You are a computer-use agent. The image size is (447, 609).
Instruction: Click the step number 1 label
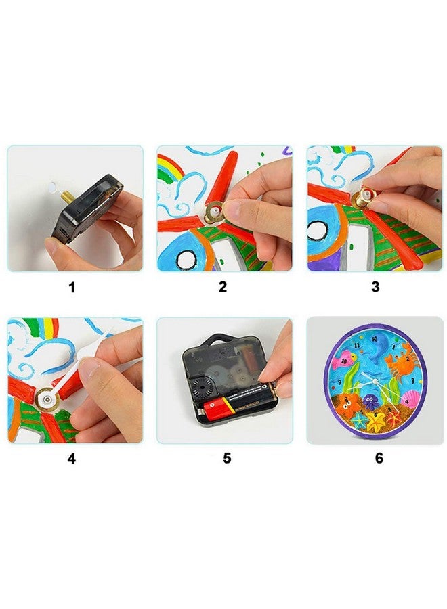72,286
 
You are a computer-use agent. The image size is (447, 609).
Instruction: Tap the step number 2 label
223,286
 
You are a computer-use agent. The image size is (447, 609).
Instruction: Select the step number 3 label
375,286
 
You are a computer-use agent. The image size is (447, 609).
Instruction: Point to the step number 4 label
72,458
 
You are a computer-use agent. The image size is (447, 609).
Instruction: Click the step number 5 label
227,458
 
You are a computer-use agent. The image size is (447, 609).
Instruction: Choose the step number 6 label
379,458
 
